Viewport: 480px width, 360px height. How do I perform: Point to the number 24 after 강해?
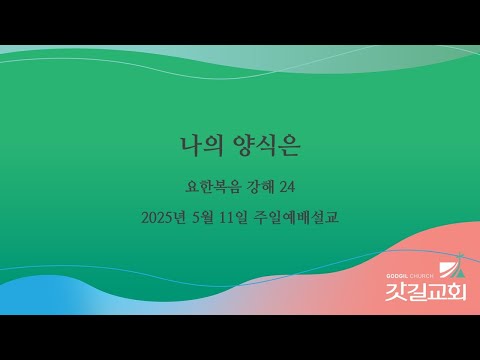tap(289, 185)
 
